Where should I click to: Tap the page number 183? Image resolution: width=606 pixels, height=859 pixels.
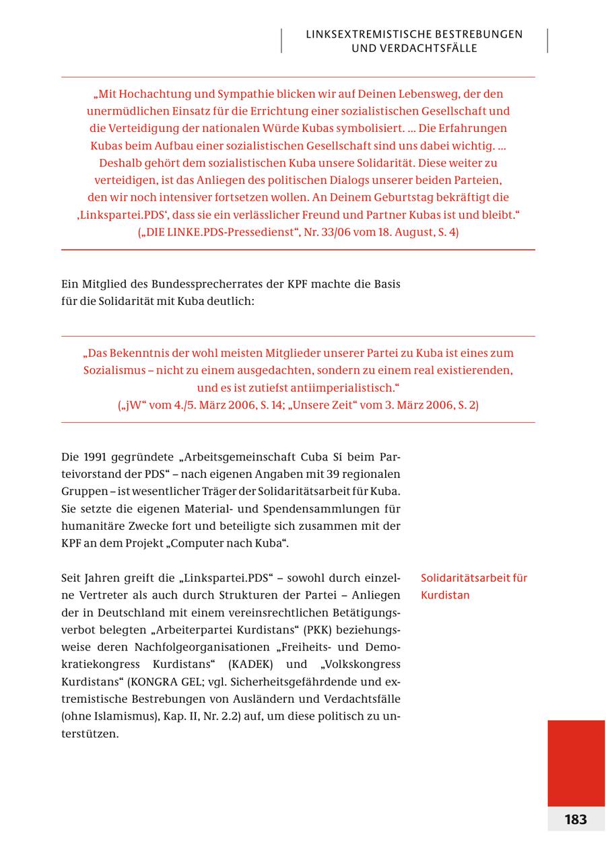(575, 819)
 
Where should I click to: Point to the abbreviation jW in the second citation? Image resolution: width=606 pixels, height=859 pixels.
(131, 405)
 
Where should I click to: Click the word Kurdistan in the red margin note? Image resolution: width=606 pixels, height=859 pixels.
(445, 595)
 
